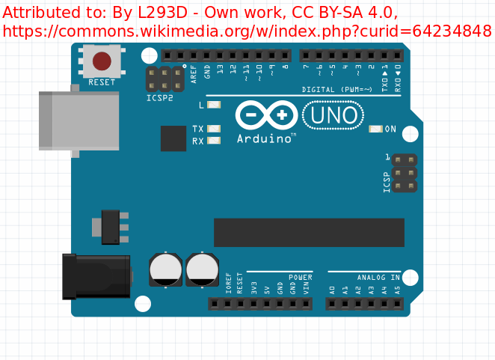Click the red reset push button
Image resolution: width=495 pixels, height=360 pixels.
(x=102, y=61)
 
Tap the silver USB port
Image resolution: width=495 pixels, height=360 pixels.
(x=79, y=120)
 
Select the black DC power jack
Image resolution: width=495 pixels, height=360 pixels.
(x=96, y=275)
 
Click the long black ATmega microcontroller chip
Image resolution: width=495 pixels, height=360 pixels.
(x=309, y=232)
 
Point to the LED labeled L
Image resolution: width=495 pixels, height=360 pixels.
(x=214, y=106)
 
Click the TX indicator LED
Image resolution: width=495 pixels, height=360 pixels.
(x=214, y=129)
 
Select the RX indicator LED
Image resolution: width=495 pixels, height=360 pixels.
(x=214, y=141)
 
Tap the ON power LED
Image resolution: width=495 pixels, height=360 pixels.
(x=375, y=129)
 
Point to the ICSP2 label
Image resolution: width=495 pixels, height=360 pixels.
(x=159, y=98)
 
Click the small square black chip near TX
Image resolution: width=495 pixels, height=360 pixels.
(x=173, y=138)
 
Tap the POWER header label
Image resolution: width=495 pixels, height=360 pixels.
(x=301, y=277)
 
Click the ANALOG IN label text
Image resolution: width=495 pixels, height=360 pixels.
(x=378, y=277)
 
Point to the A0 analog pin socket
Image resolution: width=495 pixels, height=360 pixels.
(x=332, y=304)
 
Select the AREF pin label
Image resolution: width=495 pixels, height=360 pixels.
(x=194, y=72)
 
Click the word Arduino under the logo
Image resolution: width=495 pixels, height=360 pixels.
(x=264, y=139)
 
